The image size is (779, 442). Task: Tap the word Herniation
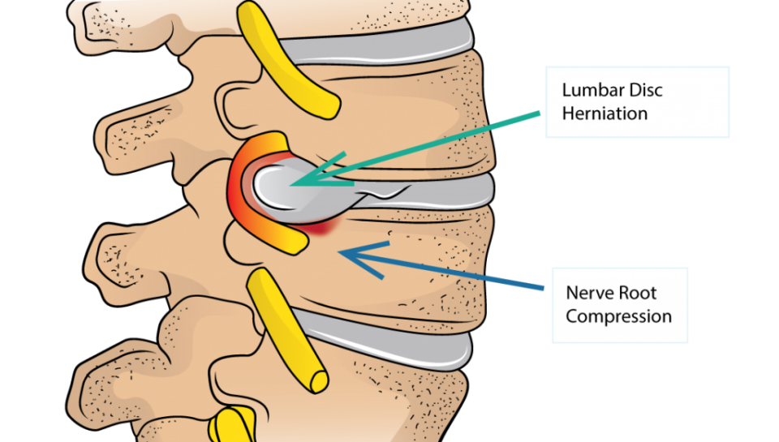[x=605, y=113]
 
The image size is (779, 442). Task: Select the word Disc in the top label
[x=644, y=90]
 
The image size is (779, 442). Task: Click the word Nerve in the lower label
[x=588, y=293]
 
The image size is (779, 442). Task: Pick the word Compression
[x=618, y=315]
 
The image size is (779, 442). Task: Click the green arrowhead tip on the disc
[x=294, y=183]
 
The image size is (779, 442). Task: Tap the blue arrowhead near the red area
[x=344, y=254]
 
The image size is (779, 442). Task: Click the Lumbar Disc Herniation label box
[x=637, y=101]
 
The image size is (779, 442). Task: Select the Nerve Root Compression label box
[x=619, y=305]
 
